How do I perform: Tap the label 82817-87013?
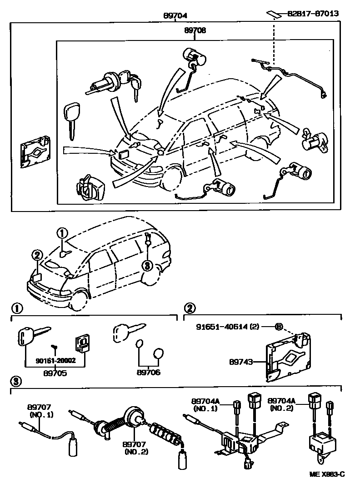point(313,14)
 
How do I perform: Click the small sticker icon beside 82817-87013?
point(274,14)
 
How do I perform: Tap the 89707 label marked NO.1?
point(41,411)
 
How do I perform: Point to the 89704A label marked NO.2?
point(282,405)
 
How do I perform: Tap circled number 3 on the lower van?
point(147,266)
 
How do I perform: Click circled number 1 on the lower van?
point(61,233)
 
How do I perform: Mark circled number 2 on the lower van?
point(37,255)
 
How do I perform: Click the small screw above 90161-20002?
point(54,349)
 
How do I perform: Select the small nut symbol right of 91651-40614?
point(279,327)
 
